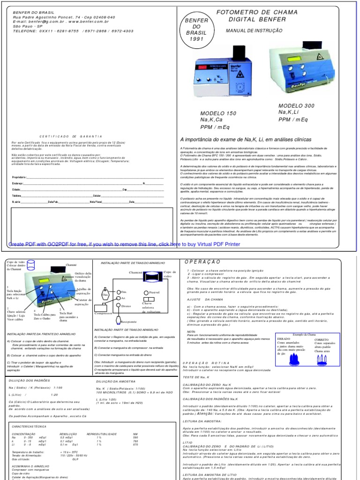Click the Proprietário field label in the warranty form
(21, 178)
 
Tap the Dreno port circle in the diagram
(118, 305)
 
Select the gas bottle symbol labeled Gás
(106, 295)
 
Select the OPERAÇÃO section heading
(202, 262)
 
